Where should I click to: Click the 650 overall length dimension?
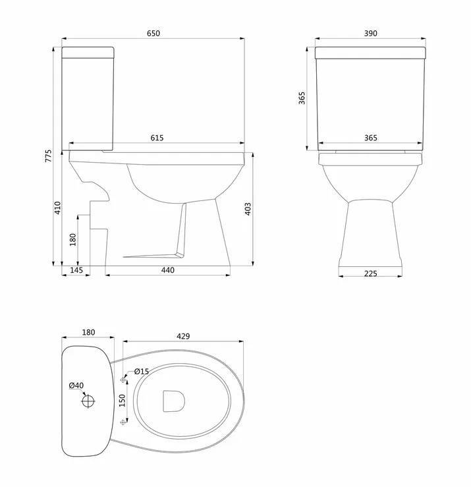coord(153,34)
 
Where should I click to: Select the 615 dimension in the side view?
coord(157,138)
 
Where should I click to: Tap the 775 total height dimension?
coord(49,156)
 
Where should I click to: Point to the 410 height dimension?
coord(58,208)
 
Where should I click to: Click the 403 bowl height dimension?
coord(248,209)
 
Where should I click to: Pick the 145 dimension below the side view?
coord(76,270)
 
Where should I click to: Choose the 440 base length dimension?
coord(168,270)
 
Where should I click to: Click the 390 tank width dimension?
coord(370,34)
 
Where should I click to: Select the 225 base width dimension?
coord(370,273)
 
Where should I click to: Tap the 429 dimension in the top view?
coord(183,336)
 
